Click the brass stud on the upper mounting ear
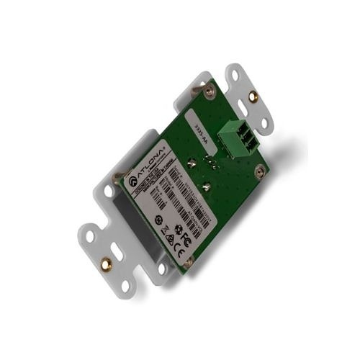[252, 96]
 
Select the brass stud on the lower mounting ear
[105, 264]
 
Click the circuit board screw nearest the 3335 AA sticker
[209, 90]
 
